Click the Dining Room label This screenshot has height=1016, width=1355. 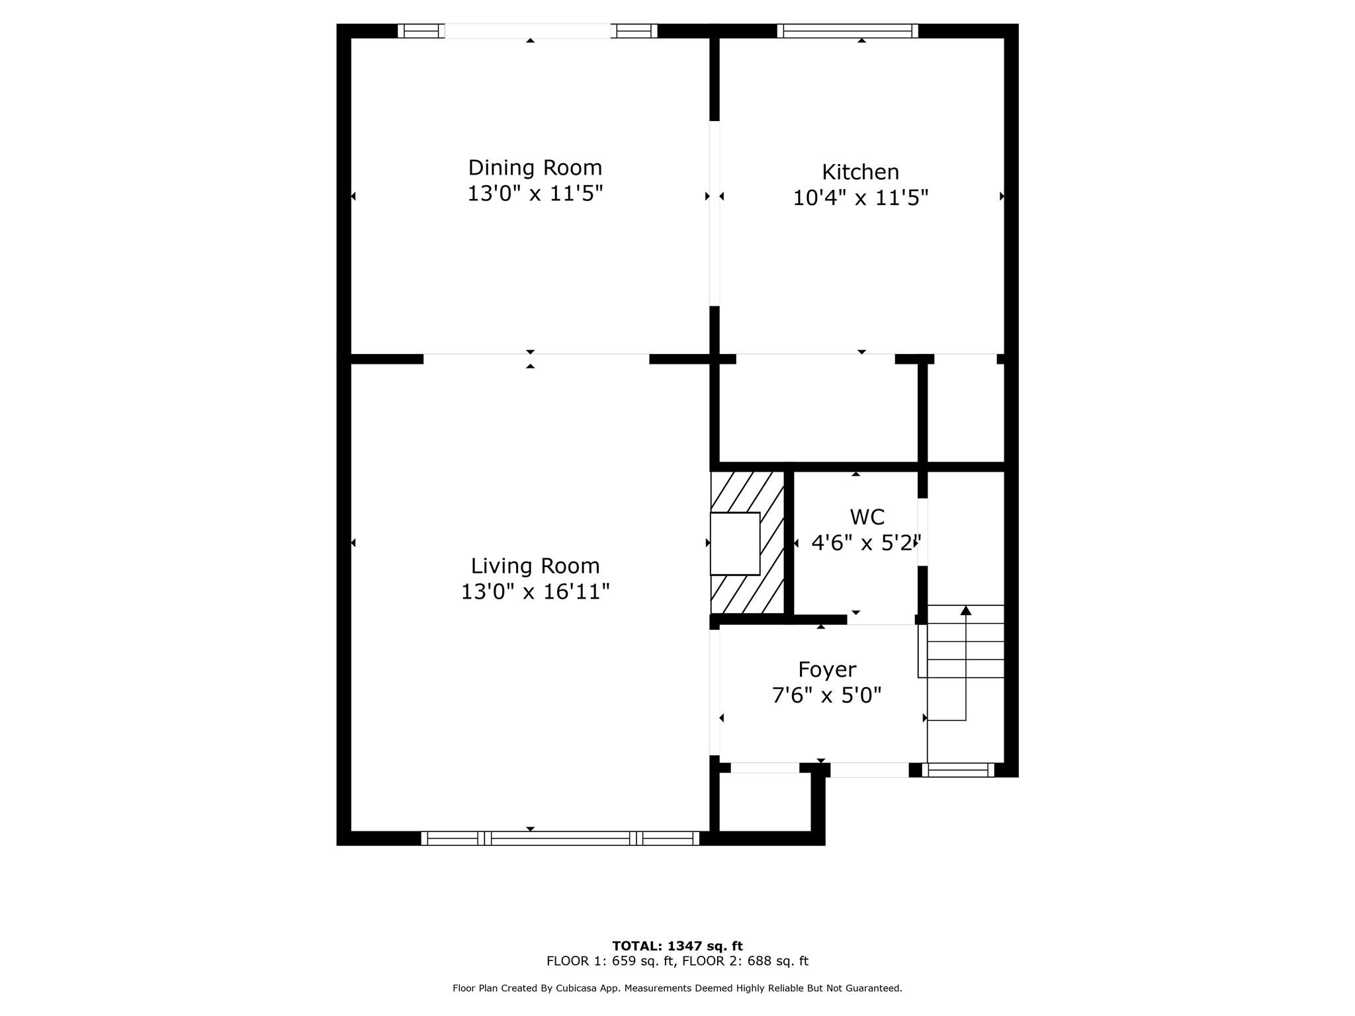click(535, 167)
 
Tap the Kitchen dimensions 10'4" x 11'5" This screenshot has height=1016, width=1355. click(860, 198)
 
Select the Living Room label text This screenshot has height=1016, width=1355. click(535, 566)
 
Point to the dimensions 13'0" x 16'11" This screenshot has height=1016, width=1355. click(535, 591)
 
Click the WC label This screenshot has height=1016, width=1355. click(867, 517)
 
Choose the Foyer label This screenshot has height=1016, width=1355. click(827, 669)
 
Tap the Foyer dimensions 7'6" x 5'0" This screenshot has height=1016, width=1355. click(827, 695)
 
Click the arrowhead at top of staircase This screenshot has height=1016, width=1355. click(965, 610)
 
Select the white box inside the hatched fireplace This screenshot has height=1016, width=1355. click(734, 544)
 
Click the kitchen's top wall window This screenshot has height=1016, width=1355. click(847, 30)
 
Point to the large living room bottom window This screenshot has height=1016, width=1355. click(560, 838)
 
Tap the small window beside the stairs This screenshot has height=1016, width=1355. click(958, 769)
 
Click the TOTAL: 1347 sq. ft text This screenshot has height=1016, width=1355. click(677, 946)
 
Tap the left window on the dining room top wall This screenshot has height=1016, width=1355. click(421, 30)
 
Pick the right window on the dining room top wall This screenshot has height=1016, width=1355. click(634, 30)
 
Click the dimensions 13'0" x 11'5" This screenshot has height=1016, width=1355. click(535, 194)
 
